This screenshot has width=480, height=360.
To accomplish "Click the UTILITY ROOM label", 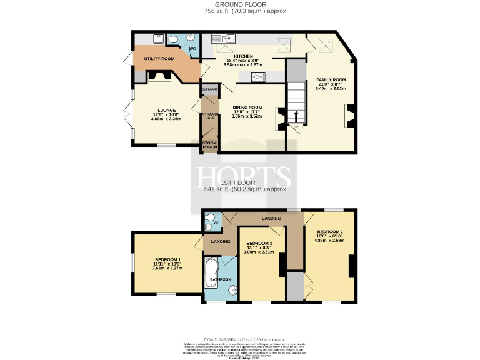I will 159,58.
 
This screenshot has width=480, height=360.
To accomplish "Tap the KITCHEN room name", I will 242,56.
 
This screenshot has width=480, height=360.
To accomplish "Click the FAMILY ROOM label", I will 331,80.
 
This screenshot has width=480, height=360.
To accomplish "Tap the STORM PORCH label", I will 208,145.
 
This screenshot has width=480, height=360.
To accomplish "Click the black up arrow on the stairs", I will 296,116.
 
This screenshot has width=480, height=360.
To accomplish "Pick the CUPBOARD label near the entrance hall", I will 208,89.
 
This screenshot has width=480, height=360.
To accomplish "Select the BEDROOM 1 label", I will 167,259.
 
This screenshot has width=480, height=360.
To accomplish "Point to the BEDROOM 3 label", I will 259,243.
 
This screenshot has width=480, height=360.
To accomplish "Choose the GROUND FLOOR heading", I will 241,4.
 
